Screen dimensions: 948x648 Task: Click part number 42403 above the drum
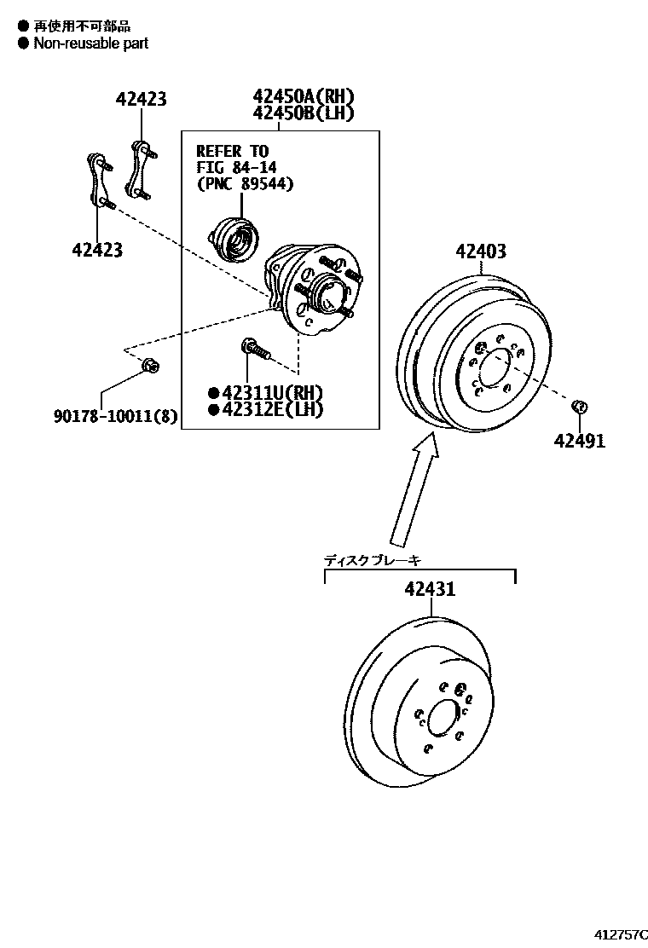[480, 251]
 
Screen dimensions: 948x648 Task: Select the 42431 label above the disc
[430, 589]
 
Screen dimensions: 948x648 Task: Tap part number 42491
[579, 441]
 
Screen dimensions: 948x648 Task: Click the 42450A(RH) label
[303, 96]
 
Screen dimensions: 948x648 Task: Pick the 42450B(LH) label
[303, 113]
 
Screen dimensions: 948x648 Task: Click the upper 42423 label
[141, 100]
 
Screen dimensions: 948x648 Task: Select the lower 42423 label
[96, 250]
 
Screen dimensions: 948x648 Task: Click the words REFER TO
[232, 151]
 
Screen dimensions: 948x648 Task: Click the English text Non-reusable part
[90, 43]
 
